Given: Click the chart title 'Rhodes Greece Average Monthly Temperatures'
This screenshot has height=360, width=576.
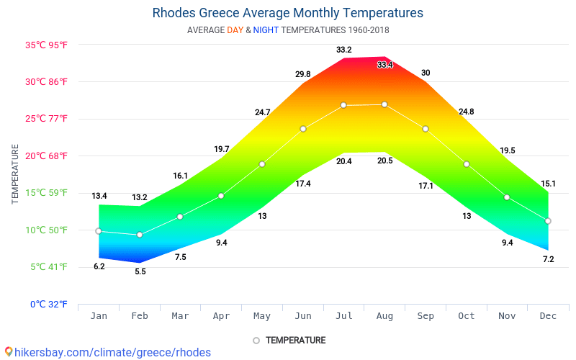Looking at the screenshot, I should (288, 13).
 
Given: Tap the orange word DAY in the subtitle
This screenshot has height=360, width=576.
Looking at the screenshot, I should (235, 30).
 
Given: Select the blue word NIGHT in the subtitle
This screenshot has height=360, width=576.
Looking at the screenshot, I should (266, 30).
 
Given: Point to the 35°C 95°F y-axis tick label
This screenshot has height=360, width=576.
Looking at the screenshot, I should (47, 45).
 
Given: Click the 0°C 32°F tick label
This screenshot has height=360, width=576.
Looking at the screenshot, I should (49, 305).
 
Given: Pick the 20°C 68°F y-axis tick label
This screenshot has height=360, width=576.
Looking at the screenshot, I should (47, 156).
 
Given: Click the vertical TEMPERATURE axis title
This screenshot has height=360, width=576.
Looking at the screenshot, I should (15, 174).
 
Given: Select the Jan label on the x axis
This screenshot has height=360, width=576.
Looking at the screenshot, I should (99, 316).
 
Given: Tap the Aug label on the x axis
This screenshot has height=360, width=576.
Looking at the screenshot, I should (384, 316).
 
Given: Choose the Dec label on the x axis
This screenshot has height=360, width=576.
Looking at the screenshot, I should (548, 316).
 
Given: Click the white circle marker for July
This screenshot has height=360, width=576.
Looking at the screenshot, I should (343, 105).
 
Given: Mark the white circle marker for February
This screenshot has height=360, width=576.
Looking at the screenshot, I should (140, 235).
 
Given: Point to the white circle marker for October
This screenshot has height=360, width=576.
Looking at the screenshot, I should (467, 164).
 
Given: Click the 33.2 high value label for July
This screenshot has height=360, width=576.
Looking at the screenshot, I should (343, 50).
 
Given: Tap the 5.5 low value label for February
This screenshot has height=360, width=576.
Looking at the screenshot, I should (140, 271).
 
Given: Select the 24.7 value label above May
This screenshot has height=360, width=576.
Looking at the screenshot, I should (262, 112).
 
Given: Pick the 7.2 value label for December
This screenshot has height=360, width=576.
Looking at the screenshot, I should (548, 259).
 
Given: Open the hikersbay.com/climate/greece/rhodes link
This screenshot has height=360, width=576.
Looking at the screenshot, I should (108, 352).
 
